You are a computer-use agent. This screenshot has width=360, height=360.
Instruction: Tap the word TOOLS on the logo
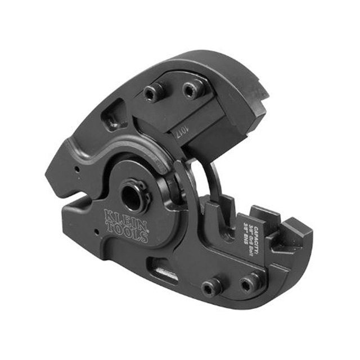[x=130, y=231]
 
